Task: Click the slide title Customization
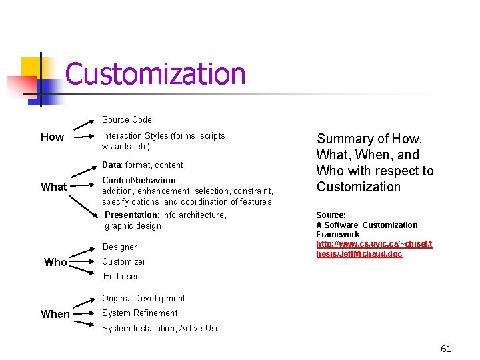[x=155, y=74]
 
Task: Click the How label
[x=52, y=137]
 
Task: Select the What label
[x=53, y=187]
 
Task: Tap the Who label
[x=55, y=262]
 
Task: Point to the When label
[x=55, y=314]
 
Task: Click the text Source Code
[x=127, y=120]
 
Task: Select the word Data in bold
[x=112, y=165]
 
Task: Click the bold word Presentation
[x=131, y=215]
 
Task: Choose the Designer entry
[x=120, y=247]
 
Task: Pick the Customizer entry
[x=123, y=262]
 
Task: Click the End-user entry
[x=121, y=277]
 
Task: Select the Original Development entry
[x=143, y=299]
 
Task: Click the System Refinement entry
[x=139, y=313]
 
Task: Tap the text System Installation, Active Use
[x=161, y=329]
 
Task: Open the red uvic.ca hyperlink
[x=374, y=249]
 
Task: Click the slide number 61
[x=446, y=349]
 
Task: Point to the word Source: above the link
[x=331, y=215]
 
